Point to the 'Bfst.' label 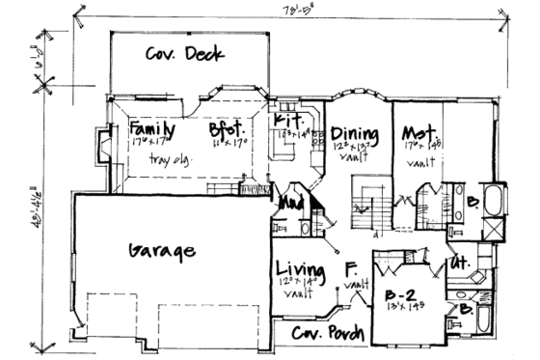pyautogui.click(x=229, y=128)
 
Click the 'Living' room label pyautogui.click(x=297, y=267)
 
